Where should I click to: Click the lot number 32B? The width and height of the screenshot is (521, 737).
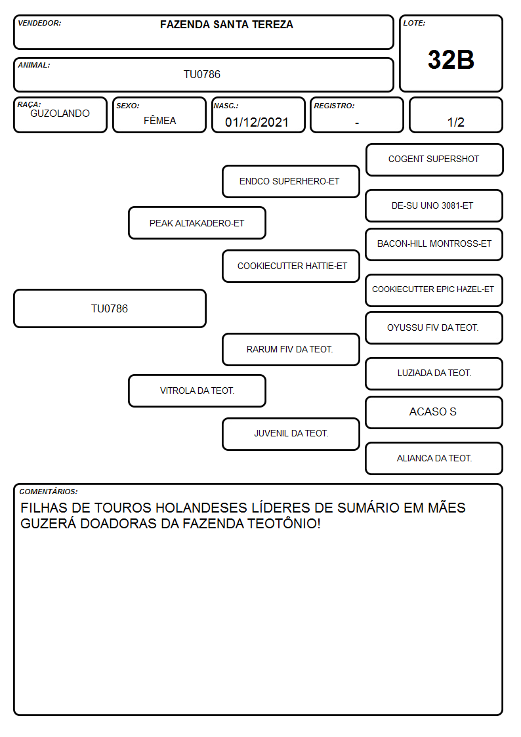(x=451, y=60)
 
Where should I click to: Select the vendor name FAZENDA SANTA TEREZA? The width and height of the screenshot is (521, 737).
(x=226, y=24)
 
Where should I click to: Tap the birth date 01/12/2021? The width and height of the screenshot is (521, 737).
(x=257, y=122)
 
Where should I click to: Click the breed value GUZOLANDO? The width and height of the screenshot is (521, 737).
(x=60, y=114)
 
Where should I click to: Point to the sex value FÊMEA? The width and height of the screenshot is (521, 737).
(x=159, y=120)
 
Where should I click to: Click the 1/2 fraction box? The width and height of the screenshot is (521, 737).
(x=455, y=115)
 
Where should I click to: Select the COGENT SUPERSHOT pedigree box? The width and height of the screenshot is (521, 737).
(x=434, y=160)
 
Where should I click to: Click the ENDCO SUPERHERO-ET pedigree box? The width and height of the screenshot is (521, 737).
(x=291, y=181)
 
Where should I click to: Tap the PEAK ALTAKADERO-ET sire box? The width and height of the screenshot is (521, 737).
(x=197, y=222)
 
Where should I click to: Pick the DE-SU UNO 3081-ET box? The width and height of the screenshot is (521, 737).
(x=434, y=205)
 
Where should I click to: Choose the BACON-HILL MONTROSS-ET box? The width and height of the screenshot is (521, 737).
(x=434, y=244)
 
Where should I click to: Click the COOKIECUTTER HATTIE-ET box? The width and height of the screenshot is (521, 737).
(x=291, y=266)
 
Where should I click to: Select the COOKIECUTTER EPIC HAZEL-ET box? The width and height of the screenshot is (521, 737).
(x=434, y=290)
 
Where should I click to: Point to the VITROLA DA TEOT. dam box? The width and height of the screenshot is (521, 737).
(x=197, y=390)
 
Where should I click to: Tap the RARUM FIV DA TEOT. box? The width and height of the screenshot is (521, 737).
(x=291, y=349)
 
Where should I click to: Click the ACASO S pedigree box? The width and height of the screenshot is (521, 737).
(x=434, y=412)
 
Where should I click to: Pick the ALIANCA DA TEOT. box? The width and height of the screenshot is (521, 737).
(x=434, y=458)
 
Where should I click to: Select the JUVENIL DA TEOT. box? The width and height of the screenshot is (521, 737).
(x=291, y=434)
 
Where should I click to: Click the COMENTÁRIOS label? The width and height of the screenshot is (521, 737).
(x=49, y=492)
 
